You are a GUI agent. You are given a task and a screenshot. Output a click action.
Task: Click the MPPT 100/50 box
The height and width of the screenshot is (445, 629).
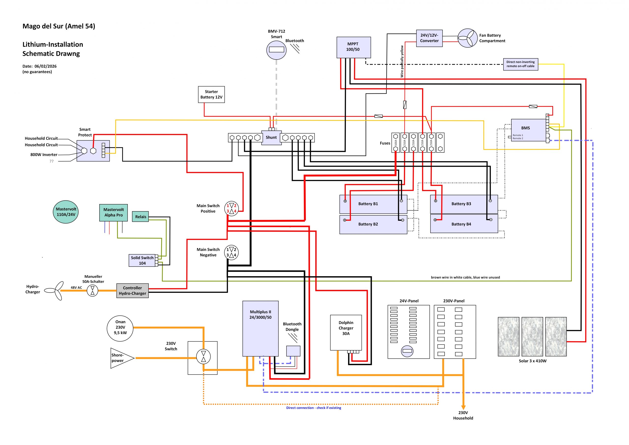pyautogui.click(x=353, y=47)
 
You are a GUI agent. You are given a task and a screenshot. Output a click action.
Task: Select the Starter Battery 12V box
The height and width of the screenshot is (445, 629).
pyautogui.click(x=211, y=95)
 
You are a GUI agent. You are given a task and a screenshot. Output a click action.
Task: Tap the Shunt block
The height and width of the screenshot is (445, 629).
pyautogui.click(x=271, y=137)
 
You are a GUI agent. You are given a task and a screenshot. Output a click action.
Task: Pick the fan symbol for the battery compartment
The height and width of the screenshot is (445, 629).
pyautogui.click(x=467, y=38)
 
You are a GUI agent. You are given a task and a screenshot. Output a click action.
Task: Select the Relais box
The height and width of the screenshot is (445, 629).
pyautogui.click(x=141, y=217)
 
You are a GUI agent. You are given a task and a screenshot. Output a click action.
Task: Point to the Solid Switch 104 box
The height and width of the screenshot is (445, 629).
pyautogui.click(x=142, y=260)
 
